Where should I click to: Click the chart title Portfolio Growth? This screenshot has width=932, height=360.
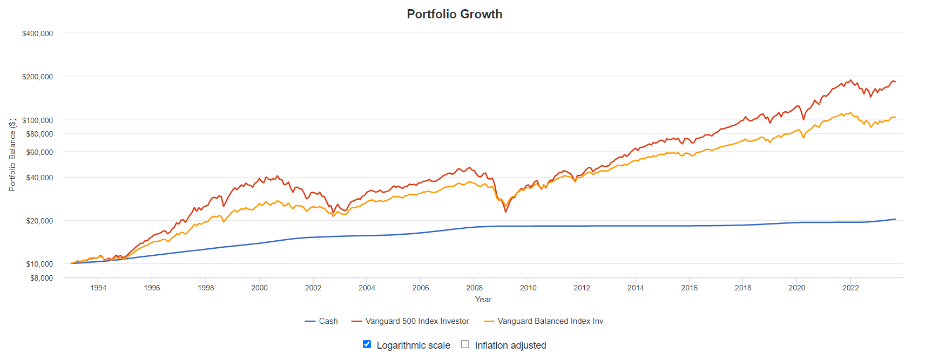[454, 14]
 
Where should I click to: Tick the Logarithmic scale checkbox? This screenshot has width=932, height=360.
[367, 344]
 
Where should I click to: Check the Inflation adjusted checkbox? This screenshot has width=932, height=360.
[465, 344]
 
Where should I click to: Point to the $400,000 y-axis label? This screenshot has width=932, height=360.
[37, 33]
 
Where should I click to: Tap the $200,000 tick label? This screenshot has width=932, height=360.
[37, 77]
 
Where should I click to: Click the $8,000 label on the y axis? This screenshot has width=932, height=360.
[42, 278]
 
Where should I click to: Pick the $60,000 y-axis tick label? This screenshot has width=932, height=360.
[39, 152]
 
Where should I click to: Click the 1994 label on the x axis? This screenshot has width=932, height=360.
[98, 288]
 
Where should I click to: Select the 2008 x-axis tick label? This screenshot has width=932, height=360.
[474, 288]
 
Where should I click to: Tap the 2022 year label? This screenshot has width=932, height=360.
[850, 288]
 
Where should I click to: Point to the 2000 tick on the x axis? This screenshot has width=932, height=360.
[259, 288]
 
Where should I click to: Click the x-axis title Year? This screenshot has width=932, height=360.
[483, 300]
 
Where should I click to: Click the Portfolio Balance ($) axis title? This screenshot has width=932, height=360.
[12, 154]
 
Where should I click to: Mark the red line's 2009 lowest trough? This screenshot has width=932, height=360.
[505, 212]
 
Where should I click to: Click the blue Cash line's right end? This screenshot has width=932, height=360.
[895, 219]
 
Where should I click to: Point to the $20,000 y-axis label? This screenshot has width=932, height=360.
[39, 221]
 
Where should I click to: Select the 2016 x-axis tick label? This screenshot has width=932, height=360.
[689, 288]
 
